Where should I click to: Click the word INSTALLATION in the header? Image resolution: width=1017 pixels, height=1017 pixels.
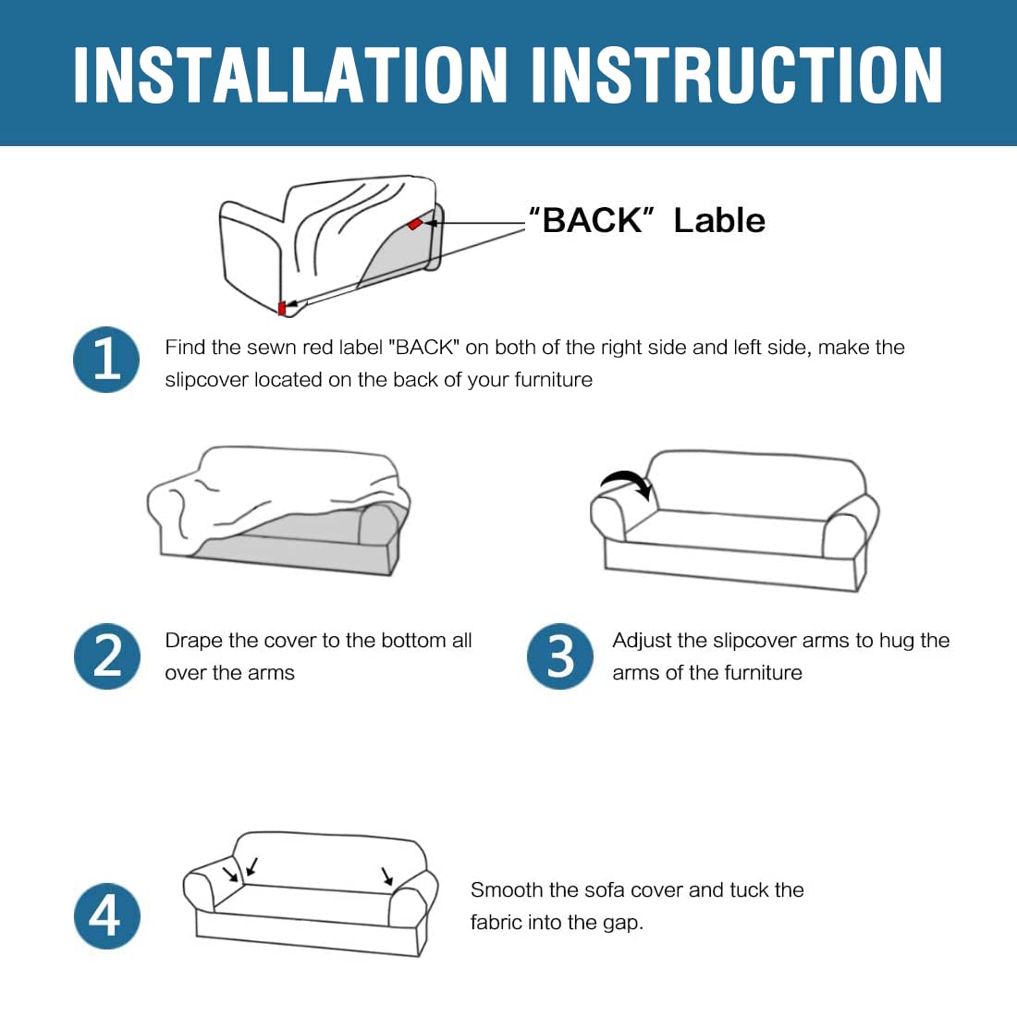[x=290, y=75]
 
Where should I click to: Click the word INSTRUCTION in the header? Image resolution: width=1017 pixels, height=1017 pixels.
[x=737, y=75]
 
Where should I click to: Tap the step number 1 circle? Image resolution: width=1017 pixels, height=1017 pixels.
[x=106, y=360]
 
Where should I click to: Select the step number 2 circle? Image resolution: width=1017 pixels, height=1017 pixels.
[x=106, y=656]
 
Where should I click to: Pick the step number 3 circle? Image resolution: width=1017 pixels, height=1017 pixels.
[x=559, y=656]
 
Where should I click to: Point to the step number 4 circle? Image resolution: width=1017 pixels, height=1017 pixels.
[x=106, y=916]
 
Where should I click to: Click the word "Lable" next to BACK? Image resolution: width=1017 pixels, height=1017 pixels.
[x=719, y=221]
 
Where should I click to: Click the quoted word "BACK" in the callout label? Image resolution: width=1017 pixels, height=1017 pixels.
[x=592, y=221]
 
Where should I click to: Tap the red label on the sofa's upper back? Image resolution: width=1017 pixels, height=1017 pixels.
[x=414, y=224]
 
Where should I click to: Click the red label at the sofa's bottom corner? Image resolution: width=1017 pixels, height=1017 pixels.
[x=282, y=308]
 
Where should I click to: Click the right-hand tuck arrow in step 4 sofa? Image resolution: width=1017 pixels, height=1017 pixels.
[x=387, y=876]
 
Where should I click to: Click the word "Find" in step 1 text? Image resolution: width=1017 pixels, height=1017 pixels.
[x=185, y=347]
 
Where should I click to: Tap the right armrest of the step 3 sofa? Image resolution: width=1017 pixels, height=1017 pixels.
[x=850, y=527]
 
